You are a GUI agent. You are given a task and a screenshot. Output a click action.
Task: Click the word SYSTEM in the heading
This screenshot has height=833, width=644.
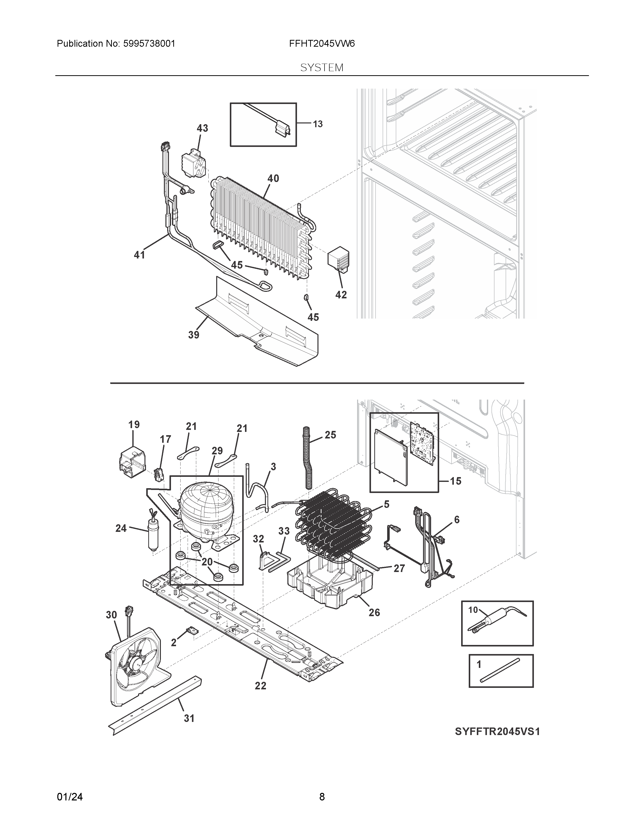(x=321, y=68)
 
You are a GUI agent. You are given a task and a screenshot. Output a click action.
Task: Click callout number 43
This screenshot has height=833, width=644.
(x=202, y=128)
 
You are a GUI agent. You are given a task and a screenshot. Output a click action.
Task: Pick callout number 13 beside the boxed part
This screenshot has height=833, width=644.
(x=317, y=124)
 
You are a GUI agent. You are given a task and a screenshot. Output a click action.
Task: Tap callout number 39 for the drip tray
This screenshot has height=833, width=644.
(x=193, y=335)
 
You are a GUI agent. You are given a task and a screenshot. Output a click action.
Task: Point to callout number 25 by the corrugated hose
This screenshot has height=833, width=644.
(x=330, y=435)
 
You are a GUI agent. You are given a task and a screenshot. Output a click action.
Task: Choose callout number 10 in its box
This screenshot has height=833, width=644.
(x=473, y=610)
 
